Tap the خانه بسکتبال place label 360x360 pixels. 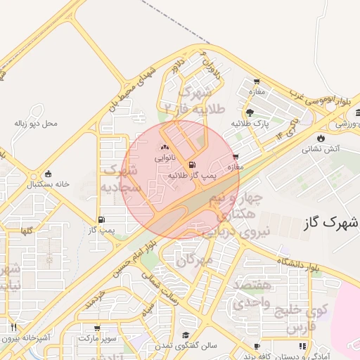click(48, 184)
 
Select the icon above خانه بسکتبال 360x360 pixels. click(48, 174)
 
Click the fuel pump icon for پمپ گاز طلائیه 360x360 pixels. click(188, 165)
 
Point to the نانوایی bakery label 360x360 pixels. click(165, 158)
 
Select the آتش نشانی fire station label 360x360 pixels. click(321, 149)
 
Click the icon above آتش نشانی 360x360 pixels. click(321, 138)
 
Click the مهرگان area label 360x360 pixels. click(194, 260)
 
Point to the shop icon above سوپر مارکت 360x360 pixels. click(97, 328)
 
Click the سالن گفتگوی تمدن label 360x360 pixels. click(186, 346)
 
